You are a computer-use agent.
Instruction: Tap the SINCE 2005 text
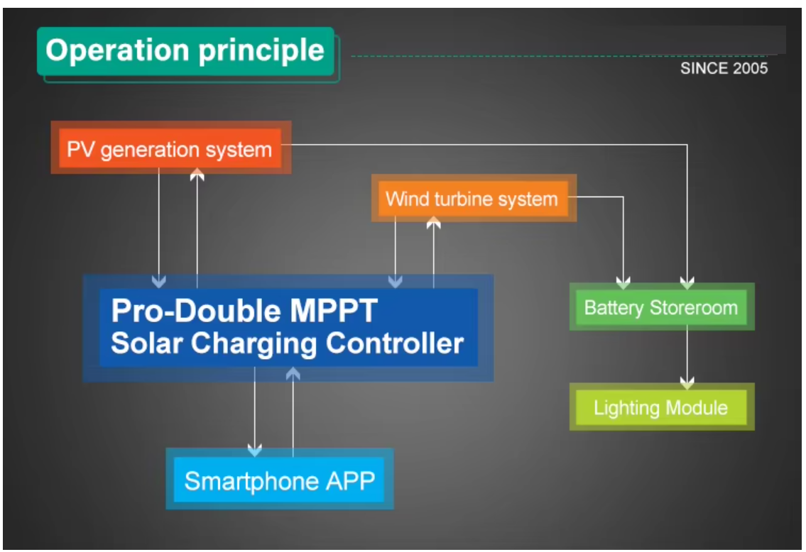pos(724,69)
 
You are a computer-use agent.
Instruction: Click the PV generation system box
pos(169,150)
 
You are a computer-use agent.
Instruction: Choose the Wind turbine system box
pos(472,199)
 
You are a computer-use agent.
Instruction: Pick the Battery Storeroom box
pos(660,308)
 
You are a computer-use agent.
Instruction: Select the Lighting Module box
pos(660,408)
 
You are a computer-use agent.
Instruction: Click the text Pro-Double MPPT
pos(245,310)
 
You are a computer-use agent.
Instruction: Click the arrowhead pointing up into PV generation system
pos(197,175)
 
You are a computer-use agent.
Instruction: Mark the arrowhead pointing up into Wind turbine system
pos(433,223)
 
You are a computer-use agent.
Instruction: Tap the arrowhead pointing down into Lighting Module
pos(687,383)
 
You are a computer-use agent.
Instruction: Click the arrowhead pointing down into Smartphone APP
pos(255,450)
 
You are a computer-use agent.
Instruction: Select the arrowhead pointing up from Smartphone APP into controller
pos(293,374)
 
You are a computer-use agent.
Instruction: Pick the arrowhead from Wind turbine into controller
pos(396,282)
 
